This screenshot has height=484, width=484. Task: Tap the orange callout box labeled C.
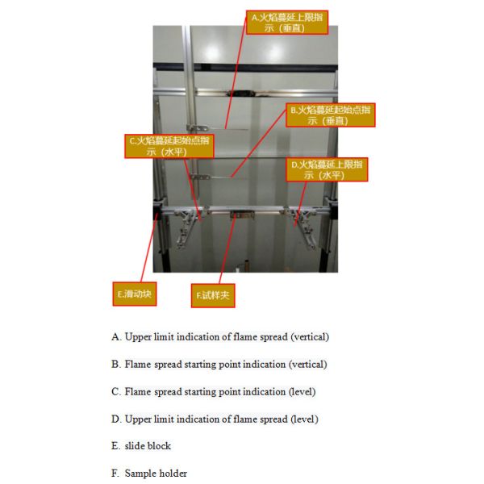tap(169, 145)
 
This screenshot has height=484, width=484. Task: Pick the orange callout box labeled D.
tap(327, 169)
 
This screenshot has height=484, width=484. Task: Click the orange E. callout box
tap(133, 294)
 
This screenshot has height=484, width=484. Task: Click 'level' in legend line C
tap(302, 391)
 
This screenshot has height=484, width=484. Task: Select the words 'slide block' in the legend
tap(148, 445)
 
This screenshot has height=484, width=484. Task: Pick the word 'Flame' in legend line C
tap(138, 391)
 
